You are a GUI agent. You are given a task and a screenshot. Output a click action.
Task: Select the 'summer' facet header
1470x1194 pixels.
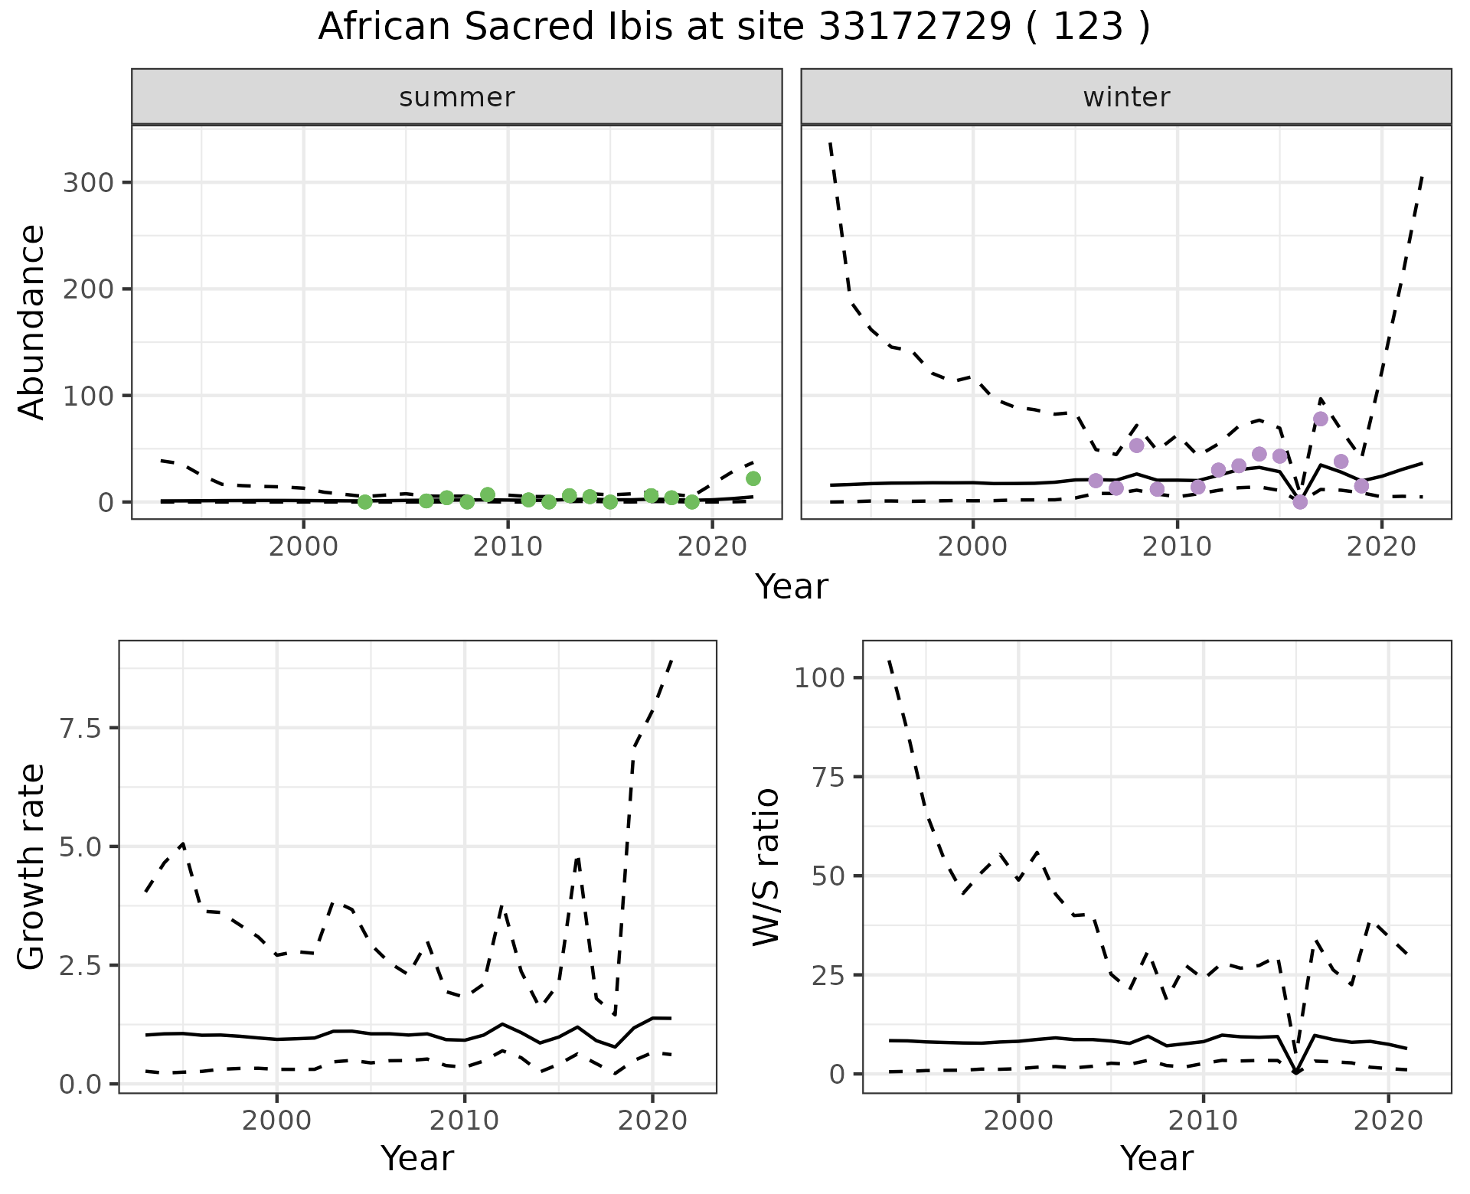(x=457, y=97)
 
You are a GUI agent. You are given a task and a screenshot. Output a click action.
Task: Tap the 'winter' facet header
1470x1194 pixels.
(x=1126, y=97)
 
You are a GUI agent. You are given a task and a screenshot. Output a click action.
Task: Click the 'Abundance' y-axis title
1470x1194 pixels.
(x=31, y=321)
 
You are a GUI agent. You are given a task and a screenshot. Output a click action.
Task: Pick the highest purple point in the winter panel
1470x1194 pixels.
(x=1321, y=419)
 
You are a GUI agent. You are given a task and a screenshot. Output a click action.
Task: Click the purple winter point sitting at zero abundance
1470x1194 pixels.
(x=1300, y=502)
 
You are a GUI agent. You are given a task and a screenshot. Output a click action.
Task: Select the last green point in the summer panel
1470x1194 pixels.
(x=753, y=478)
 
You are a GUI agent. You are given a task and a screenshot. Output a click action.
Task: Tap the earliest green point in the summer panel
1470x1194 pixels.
(x=365, y=502)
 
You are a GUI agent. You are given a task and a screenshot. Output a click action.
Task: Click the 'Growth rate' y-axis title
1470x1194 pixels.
(x=31, y=866)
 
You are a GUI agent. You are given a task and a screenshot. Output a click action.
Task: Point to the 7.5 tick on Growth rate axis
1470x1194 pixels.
(x=80, y=728)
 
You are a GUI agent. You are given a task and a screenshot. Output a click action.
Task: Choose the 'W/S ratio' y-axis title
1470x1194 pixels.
(x=766, y=866)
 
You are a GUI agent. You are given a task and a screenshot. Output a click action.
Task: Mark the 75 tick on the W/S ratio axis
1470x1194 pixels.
(x=827, y=777)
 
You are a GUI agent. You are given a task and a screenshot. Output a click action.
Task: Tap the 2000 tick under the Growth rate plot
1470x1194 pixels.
(x=276, y=1121)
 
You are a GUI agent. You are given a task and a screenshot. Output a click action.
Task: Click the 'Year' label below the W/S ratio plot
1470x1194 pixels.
(x=1156, y=1159)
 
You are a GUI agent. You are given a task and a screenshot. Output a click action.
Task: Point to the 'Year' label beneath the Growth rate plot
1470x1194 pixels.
(x=417, y=1159)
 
